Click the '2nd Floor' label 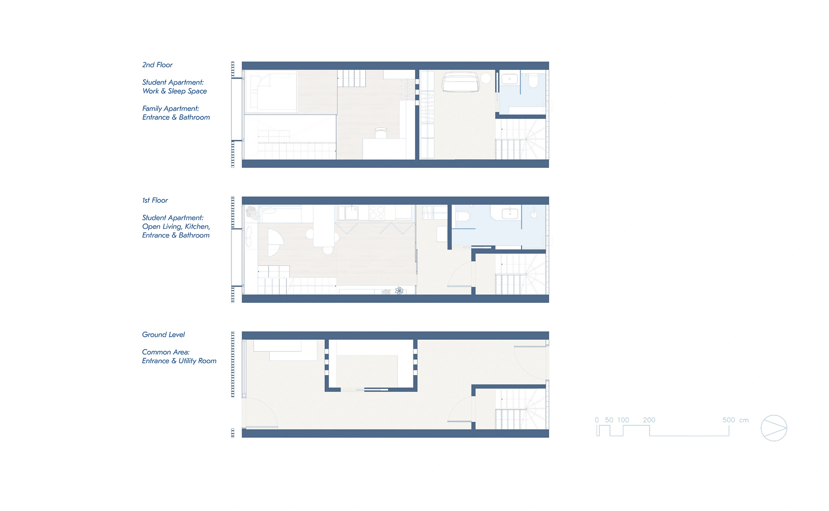pos(157,65)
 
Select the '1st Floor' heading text pos(155,200)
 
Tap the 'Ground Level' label pos(163,335)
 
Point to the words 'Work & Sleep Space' pos(175,91)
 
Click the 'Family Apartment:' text pos(171,109)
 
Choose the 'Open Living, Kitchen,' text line pos(176,227)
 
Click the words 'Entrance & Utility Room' pos(179,361)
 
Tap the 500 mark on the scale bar pos(729,420)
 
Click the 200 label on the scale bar pos(649,420)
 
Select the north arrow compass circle pos(774,428)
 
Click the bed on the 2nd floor pos(271,92)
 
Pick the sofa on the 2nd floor pos(460,82)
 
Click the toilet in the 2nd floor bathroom pos(533,81)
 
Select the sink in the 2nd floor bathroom pos(509,79)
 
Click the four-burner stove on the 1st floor pos(377,213)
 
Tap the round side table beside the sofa pos(486,78)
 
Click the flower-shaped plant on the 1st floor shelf pos(399,291)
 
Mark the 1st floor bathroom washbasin pos(510,213)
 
